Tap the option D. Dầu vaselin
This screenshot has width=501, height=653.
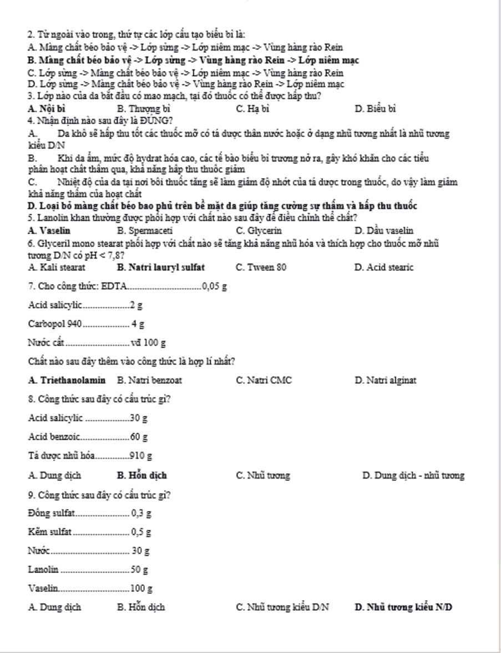383,230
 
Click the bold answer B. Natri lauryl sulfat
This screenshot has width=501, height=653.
161,268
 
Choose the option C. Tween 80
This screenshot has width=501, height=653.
261,268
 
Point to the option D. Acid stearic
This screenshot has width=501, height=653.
384,268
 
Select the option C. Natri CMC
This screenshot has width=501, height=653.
264,380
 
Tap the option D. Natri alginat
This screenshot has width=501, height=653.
385,380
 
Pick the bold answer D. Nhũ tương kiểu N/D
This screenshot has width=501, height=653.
403,607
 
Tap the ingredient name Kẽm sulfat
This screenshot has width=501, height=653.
49,532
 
